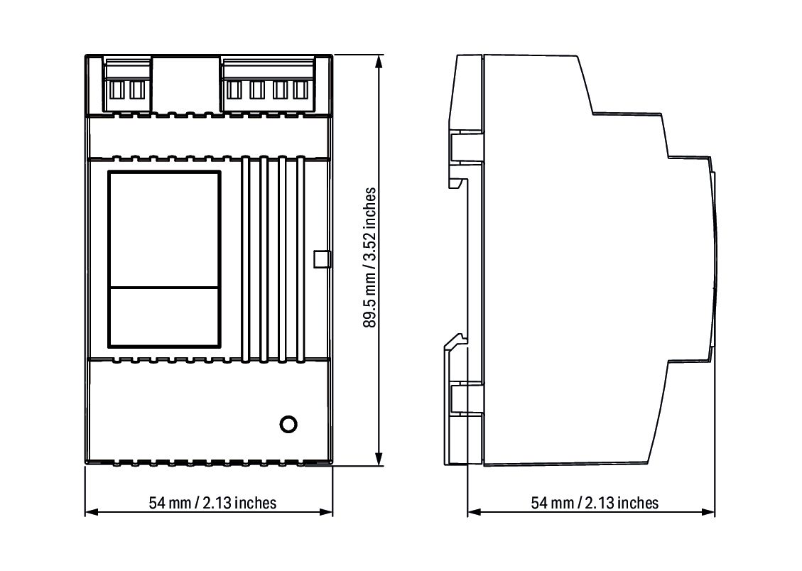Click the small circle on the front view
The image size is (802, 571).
click(x=288, y=424)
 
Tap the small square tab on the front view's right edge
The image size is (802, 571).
click(x=322, y=259)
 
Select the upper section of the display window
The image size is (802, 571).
click(x=164, y=229)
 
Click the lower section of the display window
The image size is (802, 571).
click(x=164, y=317)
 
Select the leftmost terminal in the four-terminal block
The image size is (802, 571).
click(x=234, y=89)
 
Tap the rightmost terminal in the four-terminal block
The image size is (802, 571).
click(x=300, y=89)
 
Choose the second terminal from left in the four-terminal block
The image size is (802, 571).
click(x=256, y=89)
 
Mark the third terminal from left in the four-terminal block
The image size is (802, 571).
click(x=279, y=89)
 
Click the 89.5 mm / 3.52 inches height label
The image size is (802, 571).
click(x=369, y=258)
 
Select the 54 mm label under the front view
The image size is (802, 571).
click(x=212, y=503)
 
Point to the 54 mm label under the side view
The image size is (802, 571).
click(x=595, y=503)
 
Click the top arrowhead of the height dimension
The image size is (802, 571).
click(x=379, y=62)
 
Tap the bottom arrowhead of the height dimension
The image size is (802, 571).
click(x=379, y=459)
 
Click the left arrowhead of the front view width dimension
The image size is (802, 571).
click(x=92, y=512)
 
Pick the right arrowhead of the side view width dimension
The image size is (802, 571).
click(x=708, y=512)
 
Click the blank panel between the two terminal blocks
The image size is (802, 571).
click(x=186, y=83)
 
